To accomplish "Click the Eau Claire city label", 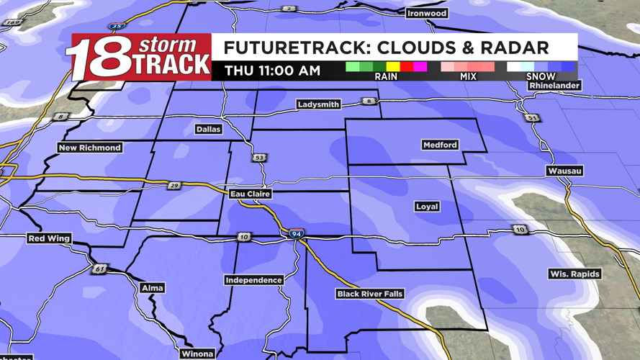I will (x=250, y=194).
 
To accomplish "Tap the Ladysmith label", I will (x=318, y=104).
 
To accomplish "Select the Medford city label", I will (x=439, y=145).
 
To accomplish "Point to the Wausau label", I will (x=564, y=171).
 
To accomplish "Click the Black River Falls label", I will (x=370, y=294).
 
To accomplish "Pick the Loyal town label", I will (x=427, y=207).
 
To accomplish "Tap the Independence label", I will (x=253, y=280).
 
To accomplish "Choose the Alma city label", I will (x=153, y=288).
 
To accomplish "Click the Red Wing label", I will (x=49, y=238).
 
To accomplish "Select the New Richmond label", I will (x=90, y=148).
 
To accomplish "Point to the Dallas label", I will (x=208, y=130).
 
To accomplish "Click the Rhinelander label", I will (x=554, y=86).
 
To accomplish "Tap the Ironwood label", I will (x=427, y=13).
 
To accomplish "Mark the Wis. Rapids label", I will (x=574, y=274).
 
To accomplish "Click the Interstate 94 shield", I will (x=296, y=234).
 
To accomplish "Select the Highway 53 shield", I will (x=258, y=158).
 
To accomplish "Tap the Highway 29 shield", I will (x=174, y=186).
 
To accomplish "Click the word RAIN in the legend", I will (x=386, y=76).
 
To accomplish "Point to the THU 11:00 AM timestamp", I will (x=272, y=71).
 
